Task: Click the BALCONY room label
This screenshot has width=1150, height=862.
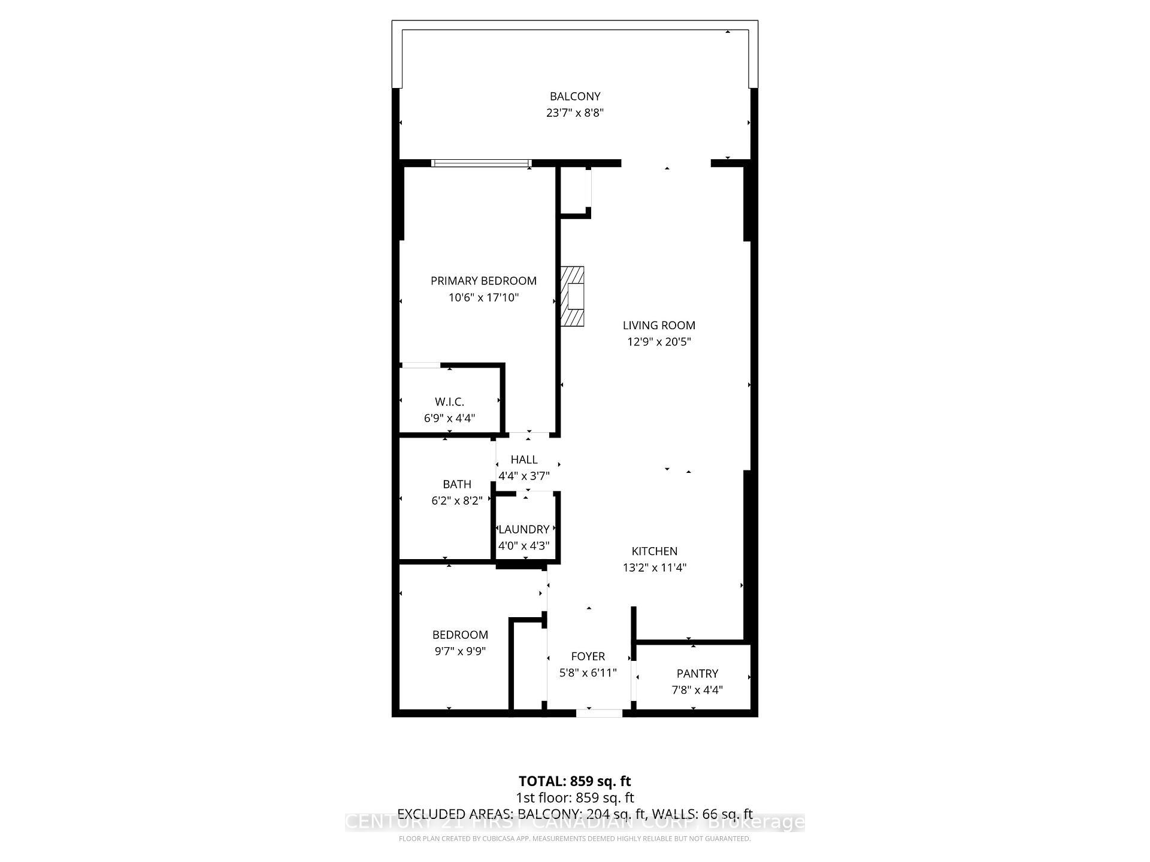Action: (x=575, y=96)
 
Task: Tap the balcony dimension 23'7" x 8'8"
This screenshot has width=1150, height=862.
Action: (x=575, y=113)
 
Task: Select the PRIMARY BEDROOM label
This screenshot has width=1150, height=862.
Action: (x=483, y=281)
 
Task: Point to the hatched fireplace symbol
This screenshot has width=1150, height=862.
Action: (x=573, y=296)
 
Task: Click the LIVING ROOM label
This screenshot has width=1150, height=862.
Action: (x=659, y=326)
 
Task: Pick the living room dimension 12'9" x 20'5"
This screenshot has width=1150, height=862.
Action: (x=659, y=342)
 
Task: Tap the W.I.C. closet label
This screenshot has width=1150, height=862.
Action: (x=449, y=402)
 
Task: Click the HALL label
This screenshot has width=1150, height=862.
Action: (x=524, y=460)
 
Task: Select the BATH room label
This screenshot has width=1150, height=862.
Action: (x=457, y=484)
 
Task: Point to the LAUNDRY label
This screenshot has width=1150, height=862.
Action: (x=524, y=529)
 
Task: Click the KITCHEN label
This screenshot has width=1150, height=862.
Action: (x=655, y=551)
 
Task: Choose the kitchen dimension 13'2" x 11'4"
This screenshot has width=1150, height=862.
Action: (x=655, y=567)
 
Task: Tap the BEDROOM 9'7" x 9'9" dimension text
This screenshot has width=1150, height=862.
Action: (x=460, y=651)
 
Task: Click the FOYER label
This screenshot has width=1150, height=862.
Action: (x=588, y=657)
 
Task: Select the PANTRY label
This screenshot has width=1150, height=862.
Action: (x=697, y=673)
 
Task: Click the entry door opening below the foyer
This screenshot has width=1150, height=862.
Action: (x=600, y=712)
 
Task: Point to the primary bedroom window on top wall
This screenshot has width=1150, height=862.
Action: (x=482, y=163)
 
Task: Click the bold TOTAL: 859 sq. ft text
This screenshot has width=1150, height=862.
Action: (x=575, y=781)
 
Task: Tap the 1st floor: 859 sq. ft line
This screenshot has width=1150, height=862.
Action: (x=575, y=798)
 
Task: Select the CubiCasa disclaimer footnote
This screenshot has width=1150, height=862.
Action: (x=575, y=839)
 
